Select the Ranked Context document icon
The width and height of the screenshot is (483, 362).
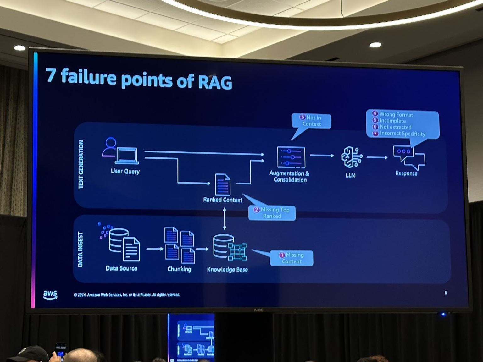(x=223, y=185)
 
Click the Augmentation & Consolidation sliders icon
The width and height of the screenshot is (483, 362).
(x=291, y=157)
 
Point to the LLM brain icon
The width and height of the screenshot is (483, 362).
(x=352, y=157)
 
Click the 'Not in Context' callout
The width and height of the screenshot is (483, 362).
(x=311, y=121)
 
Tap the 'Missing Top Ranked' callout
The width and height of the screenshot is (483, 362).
(x=272, y=213)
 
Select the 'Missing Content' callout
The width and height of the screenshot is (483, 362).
(x=291, y=258)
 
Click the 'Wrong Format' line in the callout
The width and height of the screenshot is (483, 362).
(x=396, y=114)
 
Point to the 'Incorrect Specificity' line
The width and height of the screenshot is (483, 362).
(x=402, y=134)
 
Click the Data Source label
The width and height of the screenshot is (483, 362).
(x=121, y=268)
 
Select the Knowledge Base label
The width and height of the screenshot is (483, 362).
(x=227, y=270)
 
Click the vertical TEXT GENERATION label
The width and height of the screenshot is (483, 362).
(x=81, y=164)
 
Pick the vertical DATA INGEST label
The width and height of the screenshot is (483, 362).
(x=80, y=250)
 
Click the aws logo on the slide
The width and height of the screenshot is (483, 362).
(x=50, y=294)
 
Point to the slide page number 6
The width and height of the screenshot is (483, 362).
(x=446, y=293)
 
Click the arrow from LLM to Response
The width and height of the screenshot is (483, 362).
(x=377, y=157)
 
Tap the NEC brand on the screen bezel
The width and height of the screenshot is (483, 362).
(x=258, y=310)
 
